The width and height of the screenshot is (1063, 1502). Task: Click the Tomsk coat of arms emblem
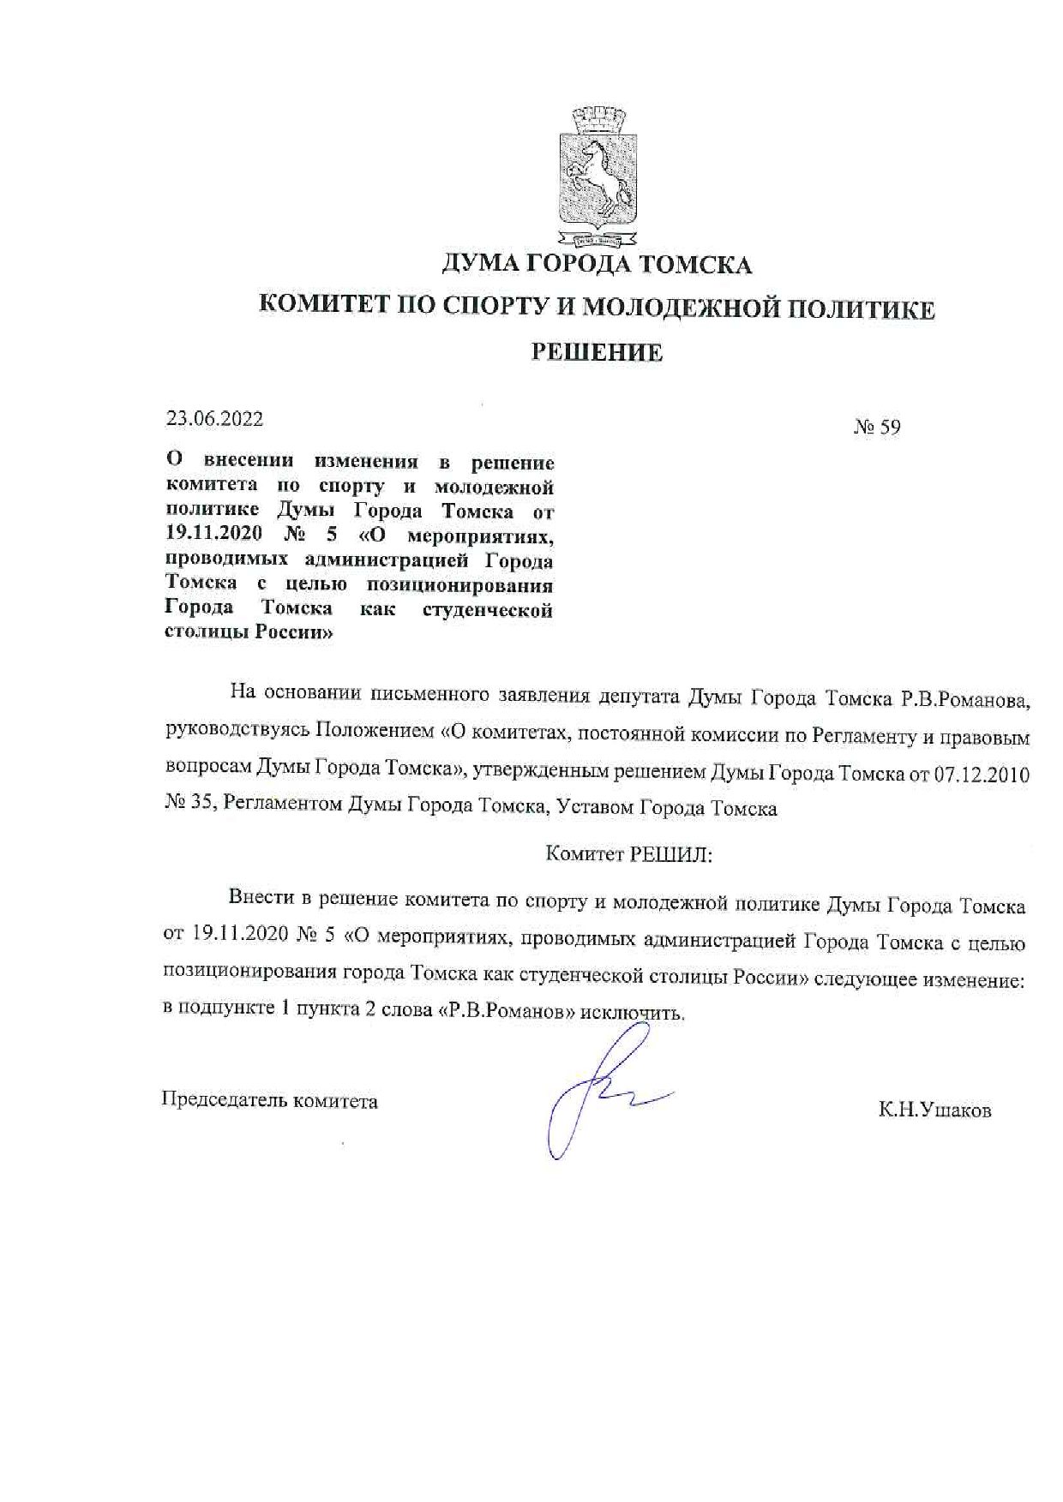click(598, 176)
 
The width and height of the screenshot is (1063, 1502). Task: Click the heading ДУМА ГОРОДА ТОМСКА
click(597, 264)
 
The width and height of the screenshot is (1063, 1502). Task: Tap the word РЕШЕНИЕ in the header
click(597, 352)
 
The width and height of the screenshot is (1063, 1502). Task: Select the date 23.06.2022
click(214, 419)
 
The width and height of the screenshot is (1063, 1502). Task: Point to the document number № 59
click(877, 427)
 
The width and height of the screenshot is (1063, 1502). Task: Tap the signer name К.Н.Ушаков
click(934, 1110)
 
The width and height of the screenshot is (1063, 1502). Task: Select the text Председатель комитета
click(269, 1101)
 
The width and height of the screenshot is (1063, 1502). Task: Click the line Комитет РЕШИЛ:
click(629, 854)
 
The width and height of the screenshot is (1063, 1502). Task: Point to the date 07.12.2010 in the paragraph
click(981, 775)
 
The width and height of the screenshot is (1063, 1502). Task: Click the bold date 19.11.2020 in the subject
click(214, 536)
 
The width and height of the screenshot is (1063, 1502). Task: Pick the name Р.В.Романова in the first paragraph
click(964, 700)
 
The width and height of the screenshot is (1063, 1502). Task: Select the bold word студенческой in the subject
click(488, 610)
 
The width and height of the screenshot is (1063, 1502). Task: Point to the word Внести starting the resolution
click(261, 897)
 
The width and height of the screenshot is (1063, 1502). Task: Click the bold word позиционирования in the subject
click(459, 585)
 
